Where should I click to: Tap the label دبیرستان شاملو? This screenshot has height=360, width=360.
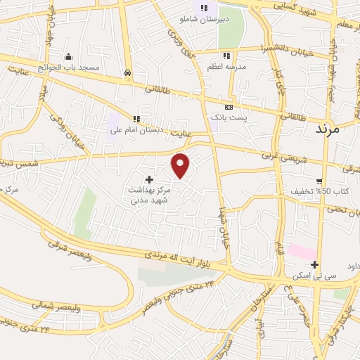tap(204, 20)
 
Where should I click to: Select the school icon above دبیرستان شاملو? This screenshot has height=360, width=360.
tap(204, 8)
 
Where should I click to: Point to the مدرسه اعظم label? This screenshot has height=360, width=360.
tap(224, 66)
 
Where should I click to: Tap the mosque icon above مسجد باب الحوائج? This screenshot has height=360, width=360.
tap(68, 56)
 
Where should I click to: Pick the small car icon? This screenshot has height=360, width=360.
tap(127, 72)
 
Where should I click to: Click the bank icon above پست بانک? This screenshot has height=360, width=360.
tap(228, 105)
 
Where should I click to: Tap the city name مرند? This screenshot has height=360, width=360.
tap(328, 129)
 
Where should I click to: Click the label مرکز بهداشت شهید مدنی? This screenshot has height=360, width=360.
tap(148, 195)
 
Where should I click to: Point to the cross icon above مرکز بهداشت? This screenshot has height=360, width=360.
tap(149, 180)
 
